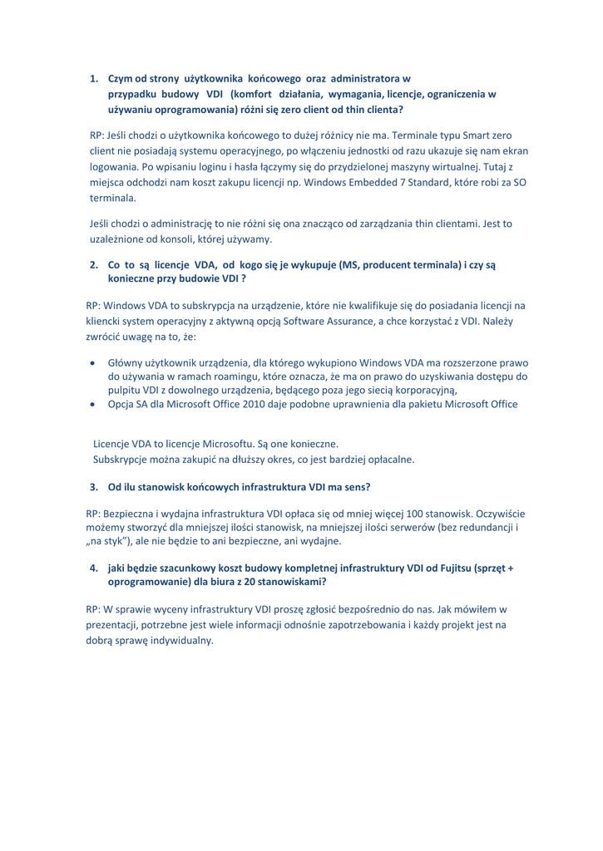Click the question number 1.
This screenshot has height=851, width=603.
tap(94, 80)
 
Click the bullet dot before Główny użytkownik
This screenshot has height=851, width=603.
tap(93, 362)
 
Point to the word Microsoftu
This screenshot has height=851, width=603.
tap(210, 444)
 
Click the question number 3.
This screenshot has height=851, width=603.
tap(93, 485)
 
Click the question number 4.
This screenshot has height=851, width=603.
tap(94, 568)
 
